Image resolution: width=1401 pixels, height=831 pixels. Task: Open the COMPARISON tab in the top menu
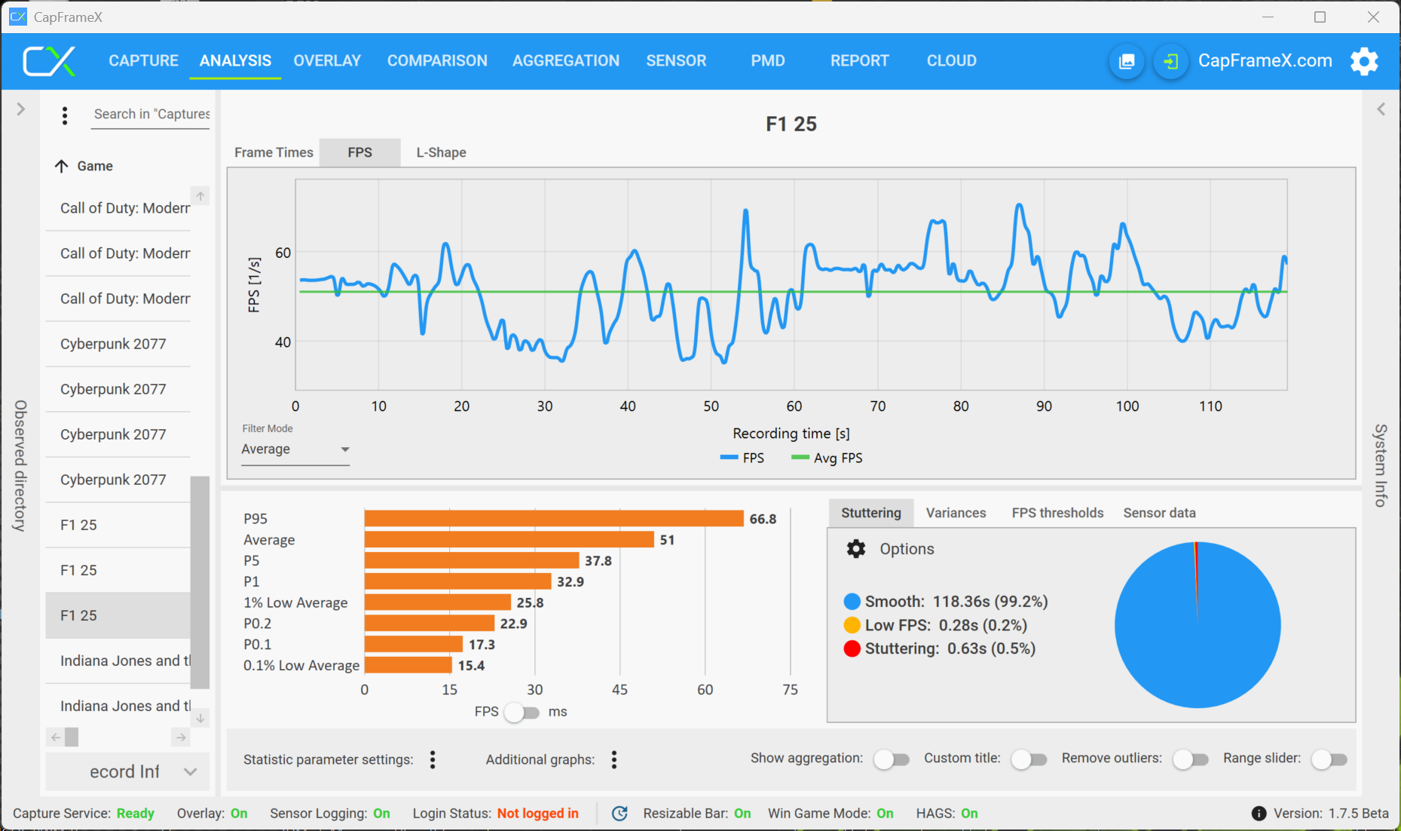click(x=437, y=61)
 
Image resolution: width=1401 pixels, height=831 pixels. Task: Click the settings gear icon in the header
click(x=1364, y=61)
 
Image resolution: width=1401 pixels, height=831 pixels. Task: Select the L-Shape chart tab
click(x=441, y=152)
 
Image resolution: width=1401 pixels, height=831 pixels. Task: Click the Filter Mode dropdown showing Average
click(x=295, y=449)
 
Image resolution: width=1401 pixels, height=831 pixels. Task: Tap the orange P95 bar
click(x=553, y=519)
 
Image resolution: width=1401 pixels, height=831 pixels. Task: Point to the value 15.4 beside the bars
click(x=471, y=666)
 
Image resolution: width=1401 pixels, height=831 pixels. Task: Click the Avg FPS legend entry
click(x=827, y=458)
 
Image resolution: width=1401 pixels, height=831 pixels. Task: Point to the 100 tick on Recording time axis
click(x=1127, y=406)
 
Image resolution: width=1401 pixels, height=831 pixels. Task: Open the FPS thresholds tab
click(x=1057, y=513)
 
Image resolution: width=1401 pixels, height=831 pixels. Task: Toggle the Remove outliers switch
click(x=1190, y=759)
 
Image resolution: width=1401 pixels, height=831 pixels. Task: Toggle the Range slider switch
click(x=1329, y=759)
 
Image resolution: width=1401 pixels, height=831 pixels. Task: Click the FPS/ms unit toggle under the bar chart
click(x=522, y=713)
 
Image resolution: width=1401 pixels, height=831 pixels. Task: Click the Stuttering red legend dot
click(x=852, y=649)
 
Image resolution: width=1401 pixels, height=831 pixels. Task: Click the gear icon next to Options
click(x=856, y=549)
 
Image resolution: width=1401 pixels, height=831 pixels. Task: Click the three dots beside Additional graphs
click(x=614, y=760)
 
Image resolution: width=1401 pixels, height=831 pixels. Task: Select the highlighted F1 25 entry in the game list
click(x=118, y=615)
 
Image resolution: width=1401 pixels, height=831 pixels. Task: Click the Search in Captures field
click(x=151, y=115)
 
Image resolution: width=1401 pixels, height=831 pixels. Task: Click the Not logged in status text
click(x=537, y=814)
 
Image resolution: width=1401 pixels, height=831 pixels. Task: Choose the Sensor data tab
click(x=1158, y=513)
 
